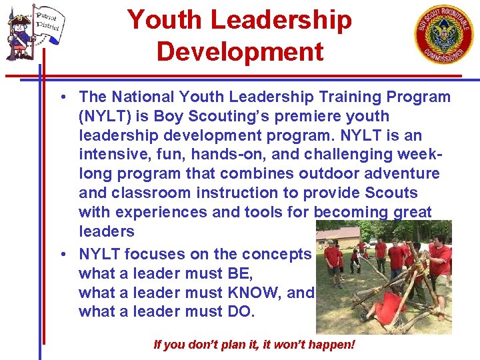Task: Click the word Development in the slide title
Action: pos(240,51)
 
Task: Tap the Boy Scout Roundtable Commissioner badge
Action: pos(443,34)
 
